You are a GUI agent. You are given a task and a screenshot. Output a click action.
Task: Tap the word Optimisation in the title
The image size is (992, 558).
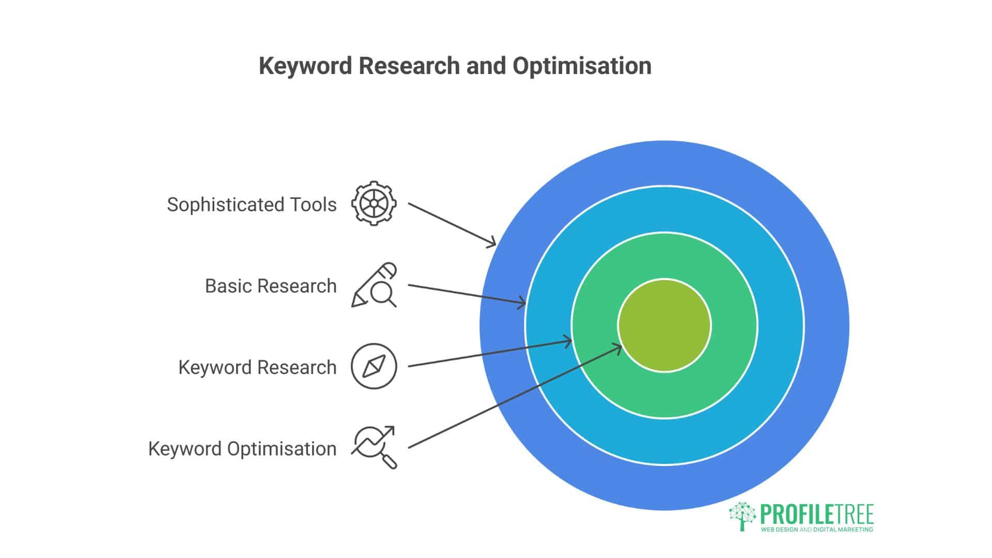(x=582, y=66)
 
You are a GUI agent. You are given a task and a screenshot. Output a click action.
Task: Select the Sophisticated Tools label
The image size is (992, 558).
(x=252, y=205)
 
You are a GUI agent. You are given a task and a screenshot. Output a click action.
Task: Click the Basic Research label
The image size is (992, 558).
(x=271, y=286)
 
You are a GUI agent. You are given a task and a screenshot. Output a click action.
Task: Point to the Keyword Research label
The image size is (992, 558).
(x=257, y=367)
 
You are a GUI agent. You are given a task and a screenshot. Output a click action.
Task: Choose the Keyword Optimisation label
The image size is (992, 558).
(x=242, y=448)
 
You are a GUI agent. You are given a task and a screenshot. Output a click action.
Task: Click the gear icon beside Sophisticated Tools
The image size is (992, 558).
(x=374, y=203)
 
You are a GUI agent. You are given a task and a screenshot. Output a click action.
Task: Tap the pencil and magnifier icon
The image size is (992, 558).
(x=374, y=285)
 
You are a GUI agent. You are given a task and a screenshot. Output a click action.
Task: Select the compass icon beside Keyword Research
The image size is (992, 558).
(x=374, y=366)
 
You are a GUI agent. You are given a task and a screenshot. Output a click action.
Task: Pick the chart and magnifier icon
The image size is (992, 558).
(x=374, y=447)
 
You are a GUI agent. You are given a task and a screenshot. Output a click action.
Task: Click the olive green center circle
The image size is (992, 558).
(x=664, y=325)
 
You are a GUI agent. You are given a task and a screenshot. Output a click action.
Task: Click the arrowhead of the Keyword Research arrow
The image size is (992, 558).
(x=568, y=342)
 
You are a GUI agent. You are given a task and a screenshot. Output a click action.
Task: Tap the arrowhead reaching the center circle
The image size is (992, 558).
(x=618, y=348)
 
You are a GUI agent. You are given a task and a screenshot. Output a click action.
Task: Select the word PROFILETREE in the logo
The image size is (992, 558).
(x=817, y=515)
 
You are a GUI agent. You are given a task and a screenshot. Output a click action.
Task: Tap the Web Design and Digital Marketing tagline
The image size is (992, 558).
(x=817, y=530)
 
